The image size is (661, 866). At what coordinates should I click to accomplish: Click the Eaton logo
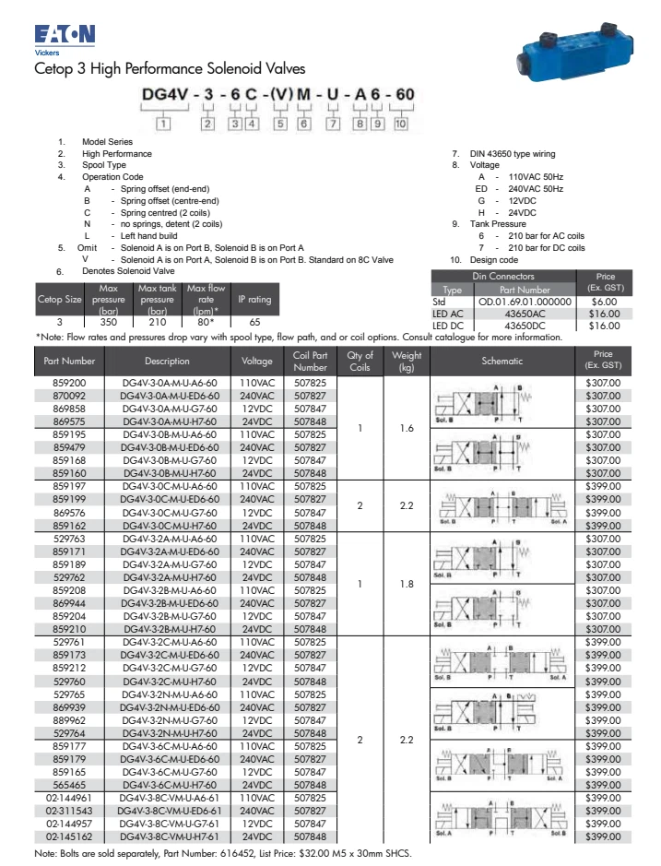pyautogui.click(x=64, y=35)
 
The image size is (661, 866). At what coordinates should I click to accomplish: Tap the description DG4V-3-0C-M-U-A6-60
pyautogui.click(x=169, y=485)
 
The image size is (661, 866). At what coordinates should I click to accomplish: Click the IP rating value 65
pyautogui.click(x=254, y=323)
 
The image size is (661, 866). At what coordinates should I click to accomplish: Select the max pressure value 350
pyautogui.click(x=109, y=323)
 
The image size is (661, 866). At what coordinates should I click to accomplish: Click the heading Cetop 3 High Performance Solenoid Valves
pyautogui.click(x=169, y=69)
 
